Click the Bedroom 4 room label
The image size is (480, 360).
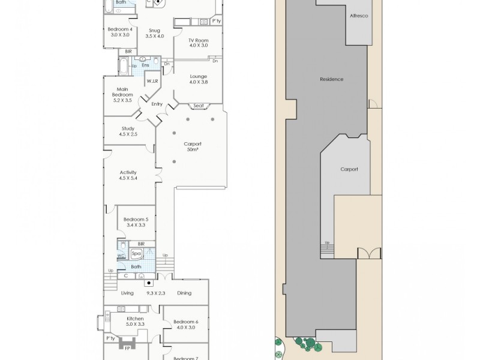119,32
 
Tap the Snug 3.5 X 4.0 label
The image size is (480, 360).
154,32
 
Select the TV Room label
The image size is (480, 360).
198,42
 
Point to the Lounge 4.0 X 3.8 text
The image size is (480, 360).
198,79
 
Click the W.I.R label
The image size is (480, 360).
152,80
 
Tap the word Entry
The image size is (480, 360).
157,104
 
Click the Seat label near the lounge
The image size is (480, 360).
199,106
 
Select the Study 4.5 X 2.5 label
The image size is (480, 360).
128,131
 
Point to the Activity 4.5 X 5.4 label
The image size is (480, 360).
128,175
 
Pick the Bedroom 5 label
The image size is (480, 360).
135,223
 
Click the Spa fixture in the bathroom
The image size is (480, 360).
136,254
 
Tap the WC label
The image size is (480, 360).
121,256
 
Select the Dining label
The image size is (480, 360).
184,293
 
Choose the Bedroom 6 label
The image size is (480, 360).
185,325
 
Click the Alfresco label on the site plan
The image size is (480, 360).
359,16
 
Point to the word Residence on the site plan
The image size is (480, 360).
331,79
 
